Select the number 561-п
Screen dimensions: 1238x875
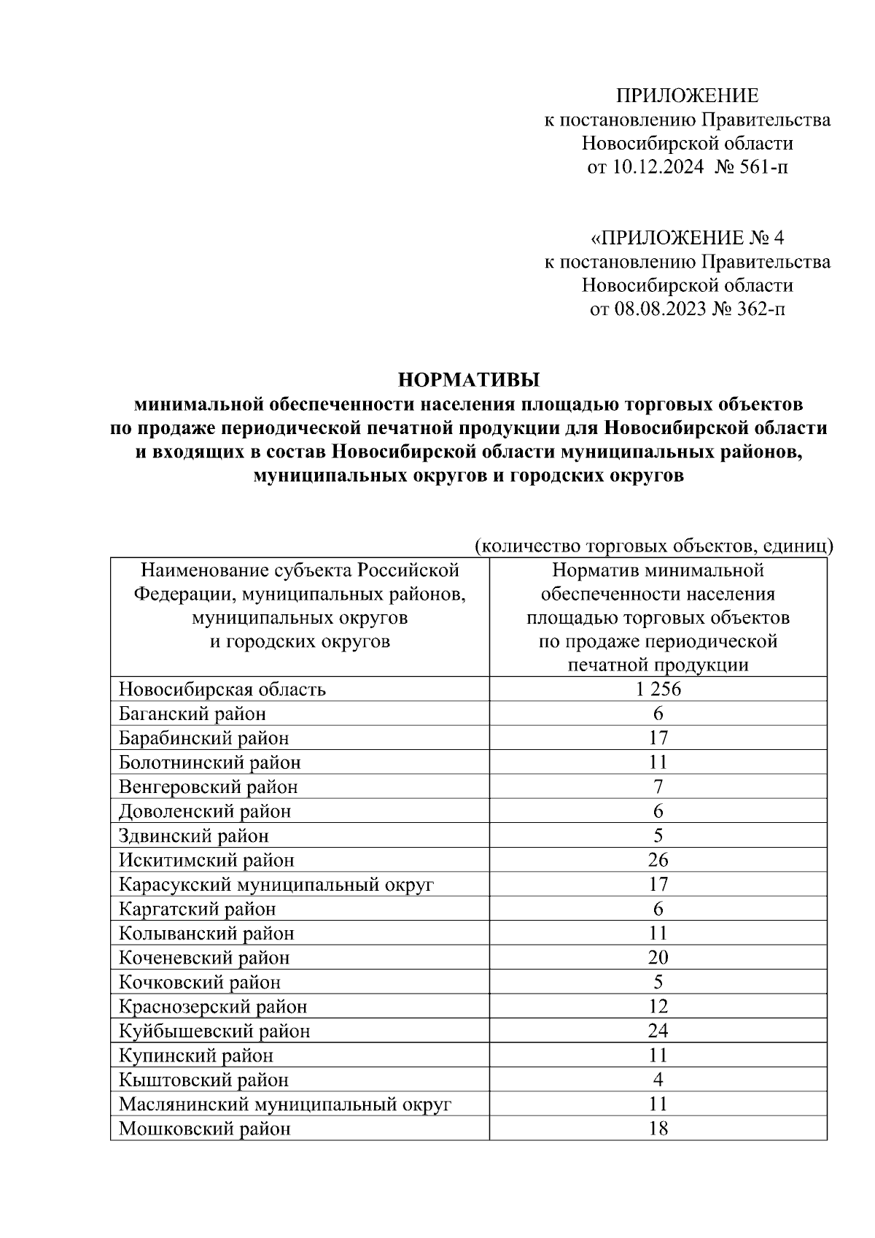pyautogui.click(x=762, y=167)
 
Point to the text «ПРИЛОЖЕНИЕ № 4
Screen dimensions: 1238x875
pyautogui.click(x=687, y=238)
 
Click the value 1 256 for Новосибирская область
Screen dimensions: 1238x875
pyautogui.click(x=658, y=689)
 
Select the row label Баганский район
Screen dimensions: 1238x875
pyautogui.click(x=192, y=713)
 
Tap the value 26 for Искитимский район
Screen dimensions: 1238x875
pyautogui.click(x=658, y=860)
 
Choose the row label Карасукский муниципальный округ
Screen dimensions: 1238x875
pyautogui.click(x=276, y=885)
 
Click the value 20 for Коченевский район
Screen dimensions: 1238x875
pyautogui.click(x=658, y=958)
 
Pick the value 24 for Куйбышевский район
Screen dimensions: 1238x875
pyautogui.click(x=658, y=1031)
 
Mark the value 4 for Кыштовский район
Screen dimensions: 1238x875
pyautogui.click(x=658, y=1080)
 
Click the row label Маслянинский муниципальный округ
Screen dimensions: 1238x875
pyautogui.click(x=285, y=1104)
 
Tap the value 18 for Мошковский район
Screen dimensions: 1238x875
pyautogui.click(x=658, y=1129)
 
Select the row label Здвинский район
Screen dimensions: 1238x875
pyautogui.click(x=194, y=835)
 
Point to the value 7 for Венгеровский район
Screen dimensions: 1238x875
pyautogui.click(x=658, y=787)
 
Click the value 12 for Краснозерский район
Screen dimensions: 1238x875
pyautogui.click(x=658, y=1007)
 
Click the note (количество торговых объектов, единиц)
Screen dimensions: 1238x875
pyautogui.click(x=653, y=546)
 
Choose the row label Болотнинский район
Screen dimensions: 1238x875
pyautogui.click(x=210, y=762)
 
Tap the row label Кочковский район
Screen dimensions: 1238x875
pyautogui.click(x=200, y=982)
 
